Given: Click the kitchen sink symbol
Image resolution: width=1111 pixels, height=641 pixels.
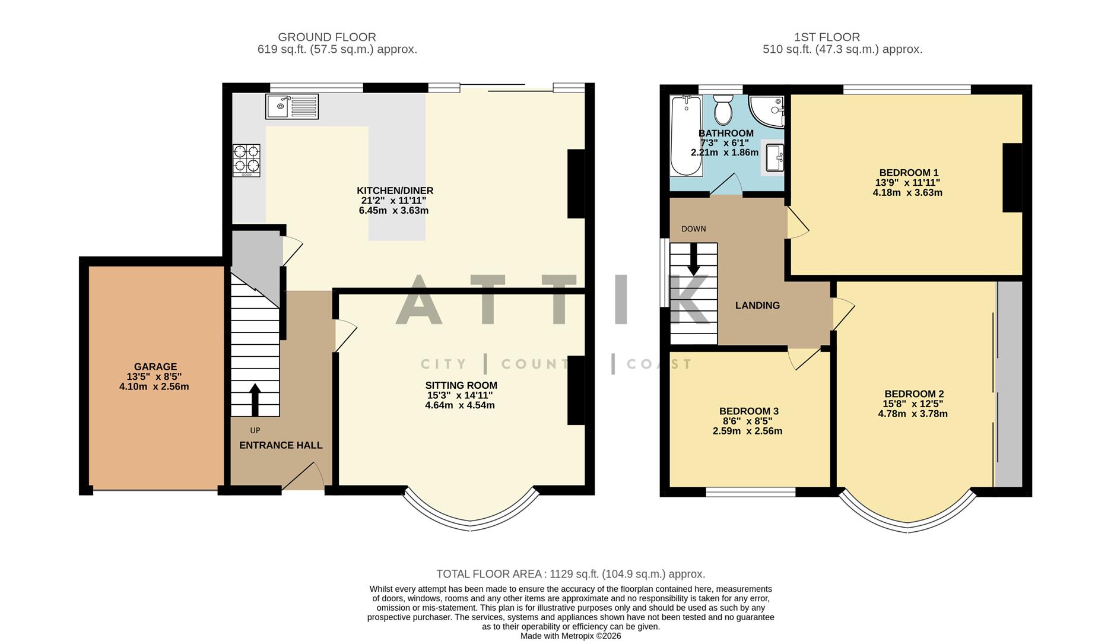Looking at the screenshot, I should pos(292,107).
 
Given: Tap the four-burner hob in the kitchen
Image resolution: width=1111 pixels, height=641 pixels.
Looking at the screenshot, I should pos(246,160).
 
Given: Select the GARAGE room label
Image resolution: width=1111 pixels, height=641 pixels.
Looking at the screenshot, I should pos(155,367).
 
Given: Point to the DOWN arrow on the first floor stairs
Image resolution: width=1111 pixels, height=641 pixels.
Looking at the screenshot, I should pos(693,261).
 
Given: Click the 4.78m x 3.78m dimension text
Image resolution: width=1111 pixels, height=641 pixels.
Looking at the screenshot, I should pos(913,414).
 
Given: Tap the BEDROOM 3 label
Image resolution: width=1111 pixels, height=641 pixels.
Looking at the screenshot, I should pos(748,411).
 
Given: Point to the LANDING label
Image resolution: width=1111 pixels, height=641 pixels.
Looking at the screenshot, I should pos(757,306).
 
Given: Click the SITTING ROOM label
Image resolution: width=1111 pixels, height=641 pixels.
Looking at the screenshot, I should pos(461,385).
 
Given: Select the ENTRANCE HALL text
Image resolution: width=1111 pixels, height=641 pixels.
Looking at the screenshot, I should pos(281,445).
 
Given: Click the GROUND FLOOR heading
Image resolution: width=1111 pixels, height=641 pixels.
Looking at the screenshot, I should pos(326,37).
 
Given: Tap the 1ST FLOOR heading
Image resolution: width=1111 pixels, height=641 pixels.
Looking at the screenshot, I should pos(827,37).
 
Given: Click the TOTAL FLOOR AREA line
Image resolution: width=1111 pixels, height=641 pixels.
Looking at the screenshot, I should pos(570,574).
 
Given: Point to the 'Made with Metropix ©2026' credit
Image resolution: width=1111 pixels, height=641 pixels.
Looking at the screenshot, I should pos(570,636).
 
